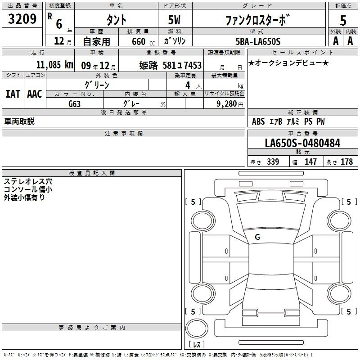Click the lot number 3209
tap(22, 19)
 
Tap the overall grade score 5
tap(343, 20)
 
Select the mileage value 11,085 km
tap(54, 65)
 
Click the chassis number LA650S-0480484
tap(302, 143)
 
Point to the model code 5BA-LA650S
tap(258, 41)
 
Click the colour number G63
tap(74, 104)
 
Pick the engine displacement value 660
tap(139, 41)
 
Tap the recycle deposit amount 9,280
tap(226, 103)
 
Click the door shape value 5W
tap(174, 20)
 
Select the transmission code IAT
tap(13, 94)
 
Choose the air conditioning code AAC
tap(35, 94)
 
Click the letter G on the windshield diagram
tap(257, 237)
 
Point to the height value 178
tap(346, 162)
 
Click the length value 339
tap(273, 162)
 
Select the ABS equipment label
tap(258, 121)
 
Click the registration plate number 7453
tap(193, 65)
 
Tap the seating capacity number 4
tap(188, 85)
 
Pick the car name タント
tap(117, 20)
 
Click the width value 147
tap(310, 162)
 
